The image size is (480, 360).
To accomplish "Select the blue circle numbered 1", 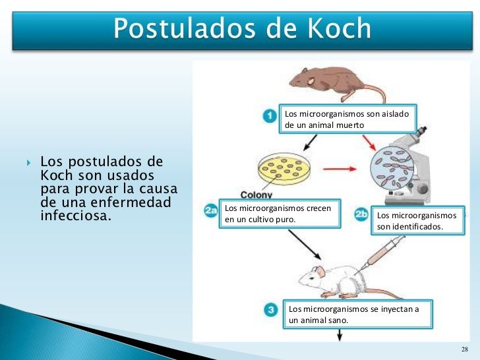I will coord(269,117).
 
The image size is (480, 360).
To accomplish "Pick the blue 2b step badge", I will coord(362,214).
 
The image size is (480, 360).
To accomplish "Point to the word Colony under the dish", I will coord(256,195).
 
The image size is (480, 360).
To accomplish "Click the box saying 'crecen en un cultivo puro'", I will coord(280,214).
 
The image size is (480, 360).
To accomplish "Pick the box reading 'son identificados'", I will coord(418,220).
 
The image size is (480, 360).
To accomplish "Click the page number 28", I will coord(464,349).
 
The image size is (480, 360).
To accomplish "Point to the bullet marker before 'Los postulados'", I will coord(29,162).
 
